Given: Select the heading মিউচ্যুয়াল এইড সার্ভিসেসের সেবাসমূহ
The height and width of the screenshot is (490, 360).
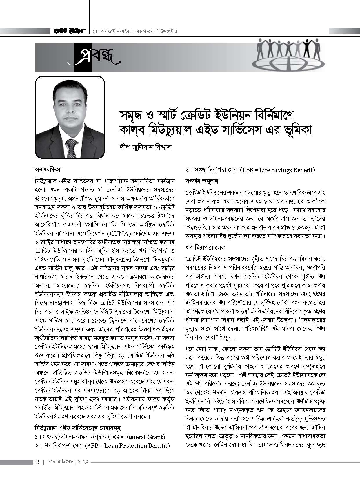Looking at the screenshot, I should tap(78, 428).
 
